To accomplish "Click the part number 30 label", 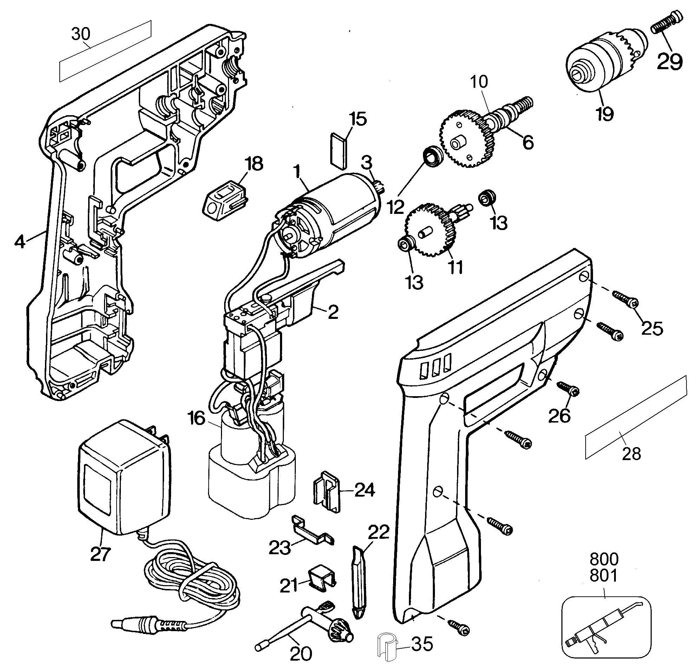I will [81, 34].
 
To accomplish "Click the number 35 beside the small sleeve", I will [422, 644].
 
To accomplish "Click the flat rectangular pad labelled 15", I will [339, 150].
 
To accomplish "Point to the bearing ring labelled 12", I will [432, 156].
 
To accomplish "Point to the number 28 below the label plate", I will [631, 454].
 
